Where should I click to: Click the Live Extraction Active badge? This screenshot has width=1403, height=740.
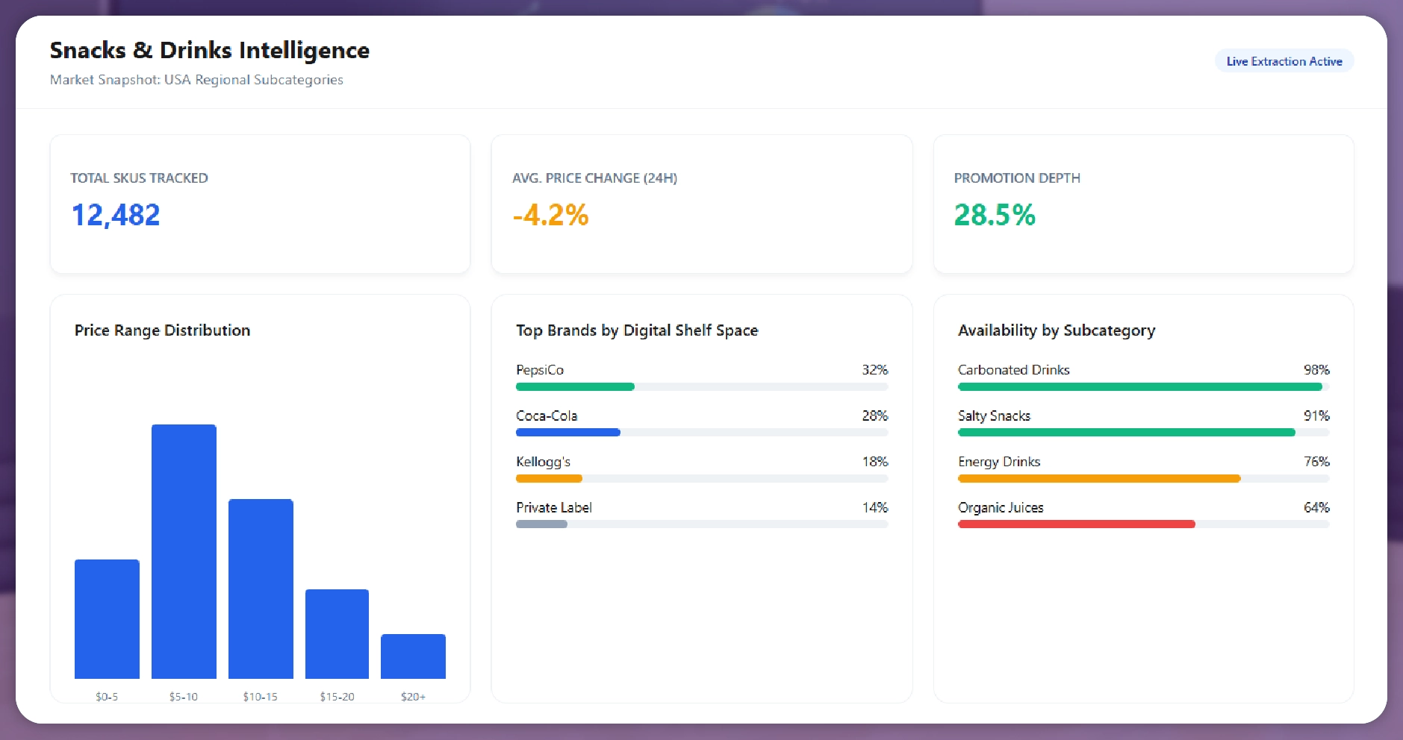1284,61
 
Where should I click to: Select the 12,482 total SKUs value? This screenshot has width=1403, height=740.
116,215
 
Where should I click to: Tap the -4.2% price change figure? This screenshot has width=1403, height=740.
550,215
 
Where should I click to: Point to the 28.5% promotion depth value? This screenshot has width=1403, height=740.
994,215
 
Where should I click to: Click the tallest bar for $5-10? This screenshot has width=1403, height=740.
184,551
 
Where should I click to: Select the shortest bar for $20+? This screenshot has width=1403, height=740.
413,656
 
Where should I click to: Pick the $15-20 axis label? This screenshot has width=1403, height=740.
337,697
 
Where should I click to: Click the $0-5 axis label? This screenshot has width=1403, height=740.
107,697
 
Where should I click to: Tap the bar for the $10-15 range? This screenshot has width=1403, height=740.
261,589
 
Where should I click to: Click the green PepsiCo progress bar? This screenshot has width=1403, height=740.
575,386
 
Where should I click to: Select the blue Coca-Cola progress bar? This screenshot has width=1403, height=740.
567,433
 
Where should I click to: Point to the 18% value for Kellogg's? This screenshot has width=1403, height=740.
874,462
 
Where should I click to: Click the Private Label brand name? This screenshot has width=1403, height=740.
553,507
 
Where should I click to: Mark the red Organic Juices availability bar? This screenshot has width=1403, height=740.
1076,524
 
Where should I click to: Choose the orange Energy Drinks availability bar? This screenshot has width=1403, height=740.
1098,478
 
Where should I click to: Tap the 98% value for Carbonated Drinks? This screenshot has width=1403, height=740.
1316,370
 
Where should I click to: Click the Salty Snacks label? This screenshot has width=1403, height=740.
994,416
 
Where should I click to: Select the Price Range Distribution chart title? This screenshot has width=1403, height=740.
162,330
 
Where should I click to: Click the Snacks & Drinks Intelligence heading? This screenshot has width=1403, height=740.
209,50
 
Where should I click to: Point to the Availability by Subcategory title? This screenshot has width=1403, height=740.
1057,330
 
